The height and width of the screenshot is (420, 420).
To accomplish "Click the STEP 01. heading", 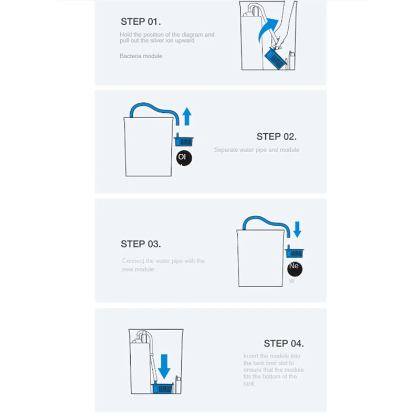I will tap(141, 22).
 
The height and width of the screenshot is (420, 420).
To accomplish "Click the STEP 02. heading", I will tap(276, 136).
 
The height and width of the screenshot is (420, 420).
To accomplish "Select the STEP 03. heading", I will tap(141, 244).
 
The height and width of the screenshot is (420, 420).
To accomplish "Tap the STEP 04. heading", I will tap(283, 343).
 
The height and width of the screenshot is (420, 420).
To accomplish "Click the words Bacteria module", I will tap(141, 56).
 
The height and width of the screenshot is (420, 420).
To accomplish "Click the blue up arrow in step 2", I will tap(186, 117).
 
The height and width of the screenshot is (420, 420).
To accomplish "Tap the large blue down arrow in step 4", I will tap(164, 366).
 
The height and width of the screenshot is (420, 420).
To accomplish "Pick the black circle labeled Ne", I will tap(295, 267).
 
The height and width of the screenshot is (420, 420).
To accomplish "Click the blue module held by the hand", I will tap(276, 57).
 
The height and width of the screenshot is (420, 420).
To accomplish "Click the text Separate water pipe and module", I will tap(256, 150).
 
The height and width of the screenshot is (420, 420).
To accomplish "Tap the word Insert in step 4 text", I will tap(250, 356).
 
